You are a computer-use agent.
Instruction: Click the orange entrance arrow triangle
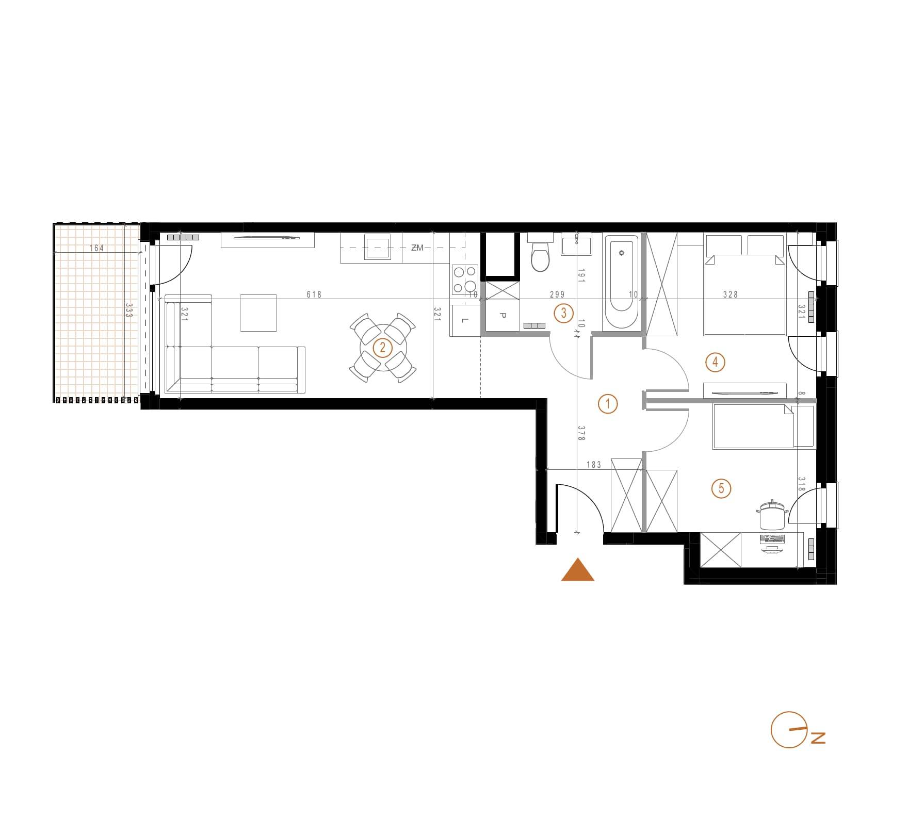click(x=578, y=569)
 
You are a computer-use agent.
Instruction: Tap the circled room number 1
click(x=608, y=404)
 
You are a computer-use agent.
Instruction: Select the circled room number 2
click(x=382, y=347)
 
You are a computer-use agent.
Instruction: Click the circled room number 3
click(x=563, y=313)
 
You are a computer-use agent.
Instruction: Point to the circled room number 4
click(x=715, y=362)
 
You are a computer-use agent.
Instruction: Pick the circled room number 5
click(x=721, y=488)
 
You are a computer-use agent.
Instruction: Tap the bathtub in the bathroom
click(x=621, y=283)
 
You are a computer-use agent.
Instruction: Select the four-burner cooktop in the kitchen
click(x=465, y=280)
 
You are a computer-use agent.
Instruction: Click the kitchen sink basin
click(x=377, y=247)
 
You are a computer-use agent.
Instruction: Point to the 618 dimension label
click(x=314, y=294)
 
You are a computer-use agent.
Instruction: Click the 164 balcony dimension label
click(x=96, y=248)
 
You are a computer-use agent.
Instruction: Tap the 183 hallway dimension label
click(x=594, y=465)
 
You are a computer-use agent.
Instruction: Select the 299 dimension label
click(x=557, y=294)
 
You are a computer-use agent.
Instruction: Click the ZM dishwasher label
click(x=417, y=248)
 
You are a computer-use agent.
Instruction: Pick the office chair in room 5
click(x=772, y=514)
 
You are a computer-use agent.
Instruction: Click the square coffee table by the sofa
click(x=258, y=313)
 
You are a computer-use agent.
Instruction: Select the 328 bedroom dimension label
click(x=731, y=294)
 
